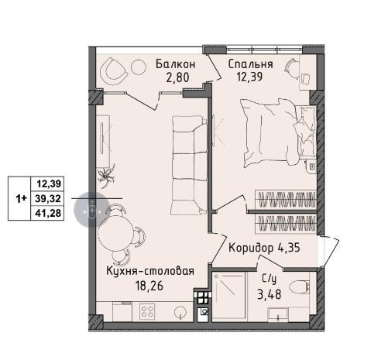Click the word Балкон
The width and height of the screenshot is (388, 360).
coord(173,64)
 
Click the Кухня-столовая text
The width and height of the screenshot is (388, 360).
coord(150,271)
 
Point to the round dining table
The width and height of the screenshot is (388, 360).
coord(115,230)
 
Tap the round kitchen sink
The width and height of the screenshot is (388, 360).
coord(179,311)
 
